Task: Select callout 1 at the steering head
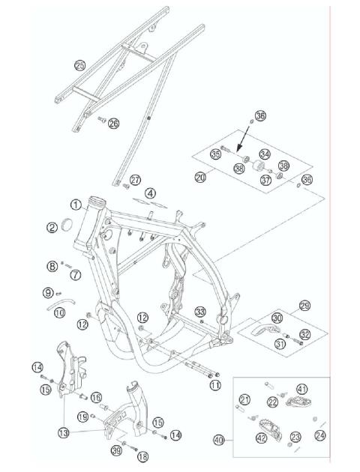76,203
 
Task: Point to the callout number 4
151,193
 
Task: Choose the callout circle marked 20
199,178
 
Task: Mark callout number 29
304,306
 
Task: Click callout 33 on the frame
200,312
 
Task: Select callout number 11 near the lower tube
215,386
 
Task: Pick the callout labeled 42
263,438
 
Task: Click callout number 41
301,389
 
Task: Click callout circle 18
143,456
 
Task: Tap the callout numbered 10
59,311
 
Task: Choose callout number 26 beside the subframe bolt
113,124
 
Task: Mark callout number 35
215,155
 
